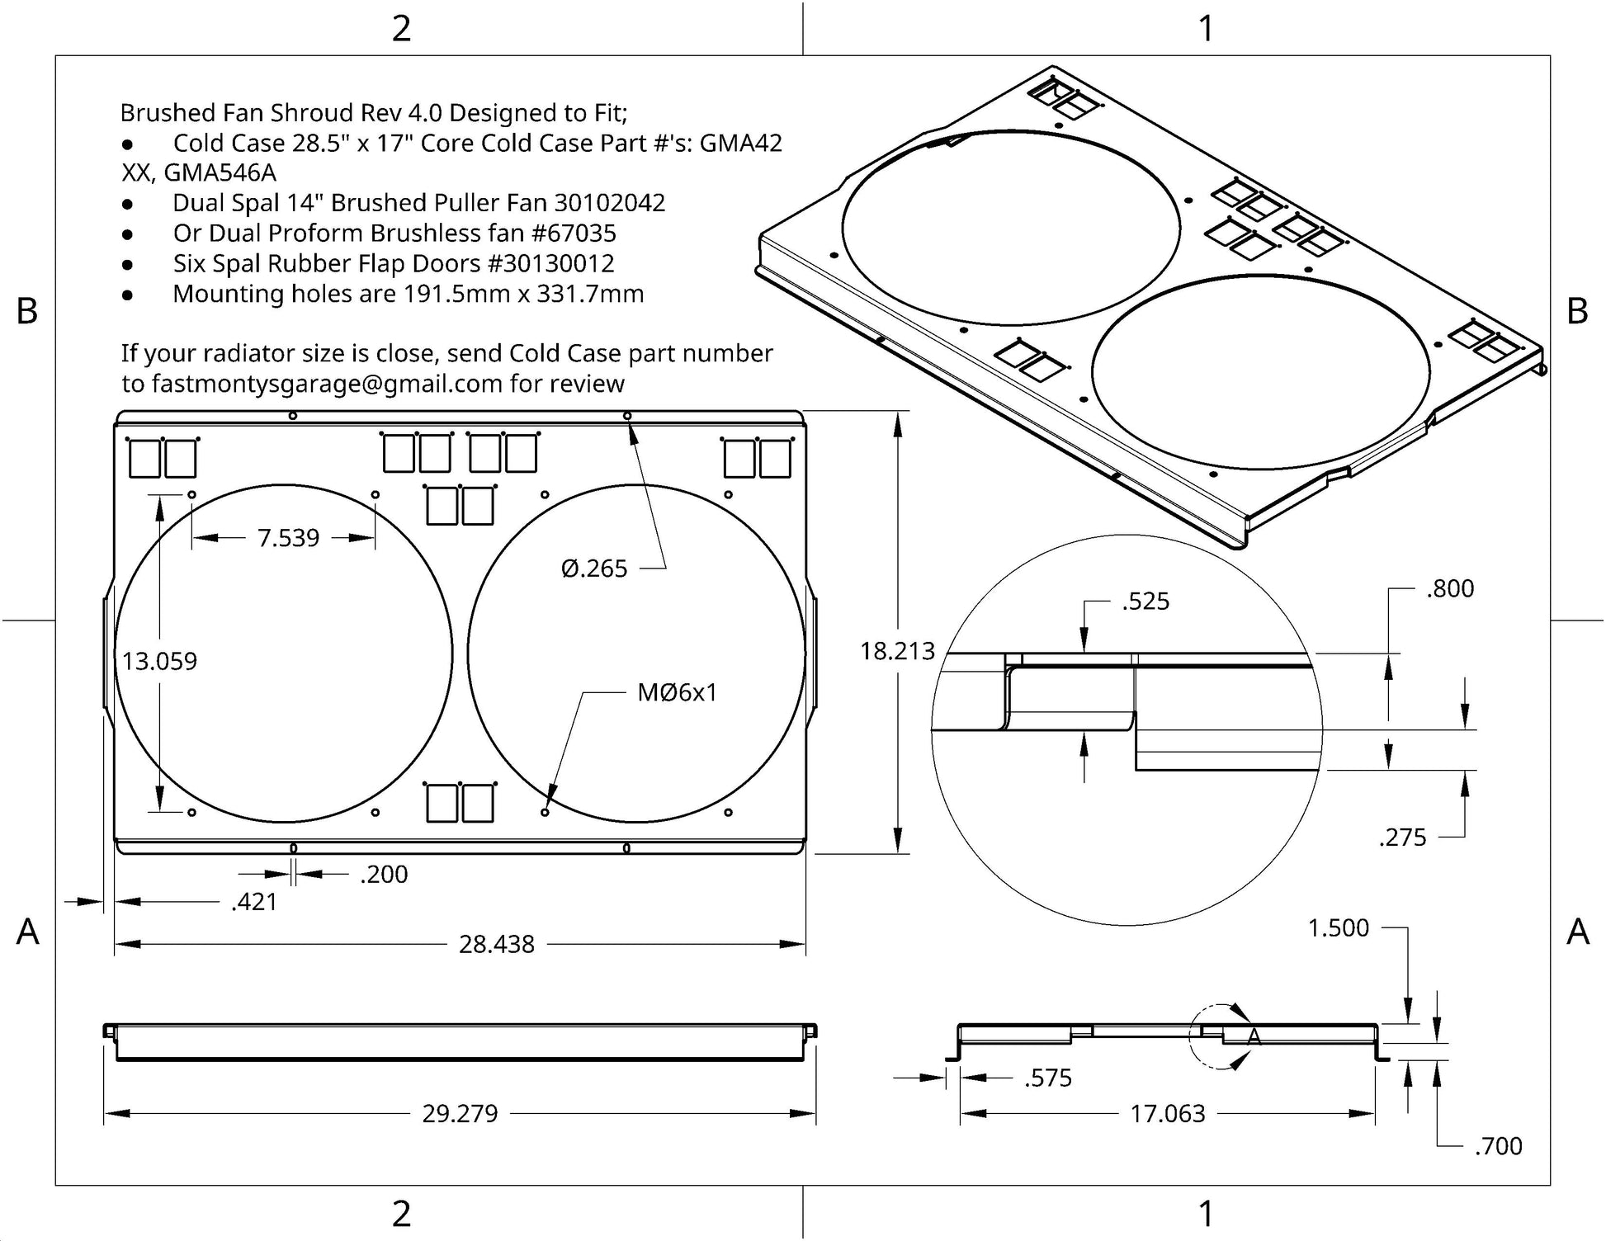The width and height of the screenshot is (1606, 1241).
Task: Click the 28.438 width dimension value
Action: [496, 944]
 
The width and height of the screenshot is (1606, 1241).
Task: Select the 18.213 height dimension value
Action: [897, 651]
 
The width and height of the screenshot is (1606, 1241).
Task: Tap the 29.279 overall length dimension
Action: [460, 1114]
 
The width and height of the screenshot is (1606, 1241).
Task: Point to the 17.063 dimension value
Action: [1167, 1114]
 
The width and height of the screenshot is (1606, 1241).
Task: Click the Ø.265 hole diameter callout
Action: [594, 569]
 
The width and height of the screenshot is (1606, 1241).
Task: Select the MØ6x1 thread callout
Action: [677, 692]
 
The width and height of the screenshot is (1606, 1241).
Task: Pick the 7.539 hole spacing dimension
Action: [288, 538]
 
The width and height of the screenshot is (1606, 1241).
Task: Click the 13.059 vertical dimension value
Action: [160, 661]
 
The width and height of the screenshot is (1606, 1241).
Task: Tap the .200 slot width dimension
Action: [384, 874]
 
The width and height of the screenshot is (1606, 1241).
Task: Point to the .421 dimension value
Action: [254, 902]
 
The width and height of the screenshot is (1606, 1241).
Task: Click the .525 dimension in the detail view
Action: [1145, 602]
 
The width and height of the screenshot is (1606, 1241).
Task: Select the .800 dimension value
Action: [1450, 589]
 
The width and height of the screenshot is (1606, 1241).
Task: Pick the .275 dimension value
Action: [1402, 838]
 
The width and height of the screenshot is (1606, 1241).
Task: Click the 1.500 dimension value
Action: [1338, 928]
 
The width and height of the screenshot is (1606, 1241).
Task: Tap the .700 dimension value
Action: [1498, 1146]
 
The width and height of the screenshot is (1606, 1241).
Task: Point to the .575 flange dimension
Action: [1048, 1078]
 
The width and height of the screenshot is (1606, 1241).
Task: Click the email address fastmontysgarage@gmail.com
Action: [328, 384]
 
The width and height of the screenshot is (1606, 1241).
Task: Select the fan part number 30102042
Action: [609, 203]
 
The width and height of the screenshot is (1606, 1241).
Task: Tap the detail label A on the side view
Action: [1254, 1037]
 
